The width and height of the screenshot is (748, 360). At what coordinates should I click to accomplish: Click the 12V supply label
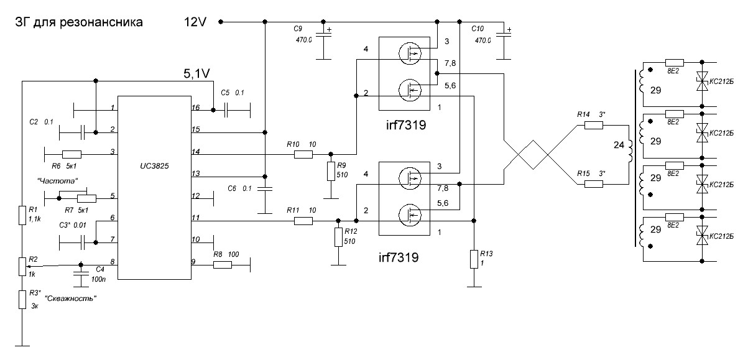tap(197, 22)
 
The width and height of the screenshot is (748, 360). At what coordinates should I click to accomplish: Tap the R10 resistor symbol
tap(303, 154)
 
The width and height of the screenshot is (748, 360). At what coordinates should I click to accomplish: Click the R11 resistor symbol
tap(303, 220)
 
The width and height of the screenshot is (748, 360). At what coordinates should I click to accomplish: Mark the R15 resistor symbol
tap(593, 184)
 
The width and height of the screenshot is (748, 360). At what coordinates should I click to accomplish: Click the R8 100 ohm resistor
tap(223, 265)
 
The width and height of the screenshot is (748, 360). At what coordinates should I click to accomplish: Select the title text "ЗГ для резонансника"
tap(79, 23)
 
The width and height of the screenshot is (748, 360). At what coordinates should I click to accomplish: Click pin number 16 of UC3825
tap(196, 108)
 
